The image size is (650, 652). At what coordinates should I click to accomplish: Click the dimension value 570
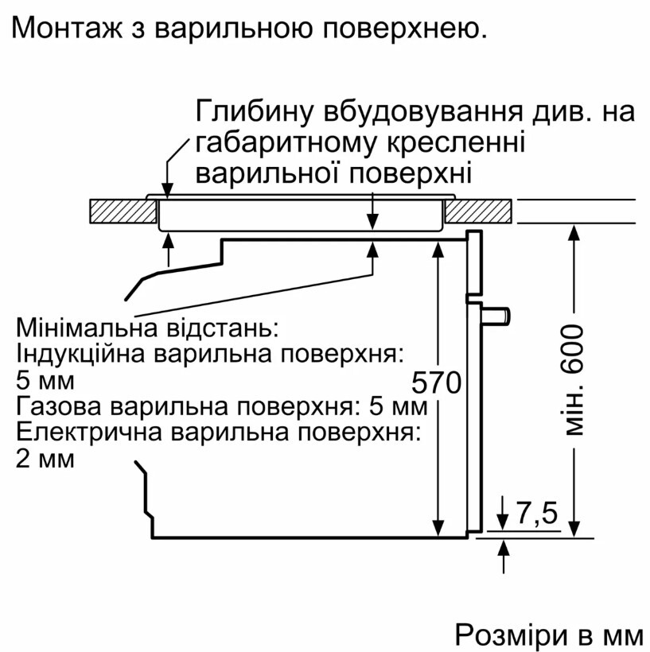pyautogui.click(x=437, y=382)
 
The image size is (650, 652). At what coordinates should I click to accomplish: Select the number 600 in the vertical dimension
pyautogui.click(x=573, y=348)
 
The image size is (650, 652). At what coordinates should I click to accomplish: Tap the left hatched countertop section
pyautogui.click(x=123, y=212)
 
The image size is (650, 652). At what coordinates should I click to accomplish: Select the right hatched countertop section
pyautogui.click(x=478, y=212)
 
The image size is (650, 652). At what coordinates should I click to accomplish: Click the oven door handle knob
pyautogui.click(x=496, y=315)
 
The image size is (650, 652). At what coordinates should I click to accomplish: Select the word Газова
pyautogui.click(x=58, y=406)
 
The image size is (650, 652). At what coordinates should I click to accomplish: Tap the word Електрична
pyautogui.click(x=88, y=433)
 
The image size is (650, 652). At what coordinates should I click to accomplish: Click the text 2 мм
pyautogui.click(x=45, y=460)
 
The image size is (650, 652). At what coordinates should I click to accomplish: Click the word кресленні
pyautogui.click(x=456, y=142)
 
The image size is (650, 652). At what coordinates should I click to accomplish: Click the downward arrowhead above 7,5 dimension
pyautogui.click(x=503, y=522)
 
